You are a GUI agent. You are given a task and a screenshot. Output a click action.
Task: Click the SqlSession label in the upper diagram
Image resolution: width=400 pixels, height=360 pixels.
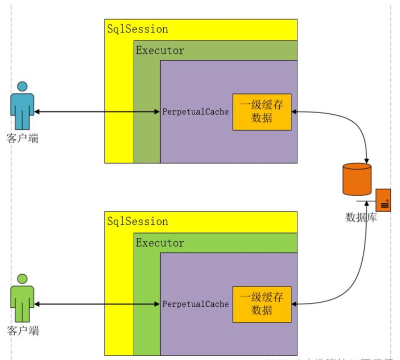pos(138,29)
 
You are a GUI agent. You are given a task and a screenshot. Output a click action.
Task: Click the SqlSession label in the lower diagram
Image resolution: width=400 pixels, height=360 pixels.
pos(138,221)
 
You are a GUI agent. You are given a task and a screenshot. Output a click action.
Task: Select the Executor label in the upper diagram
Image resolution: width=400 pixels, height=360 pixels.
pos(160,50)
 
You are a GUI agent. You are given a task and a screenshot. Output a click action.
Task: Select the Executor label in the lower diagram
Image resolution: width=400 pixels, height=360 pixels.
pos(160,243)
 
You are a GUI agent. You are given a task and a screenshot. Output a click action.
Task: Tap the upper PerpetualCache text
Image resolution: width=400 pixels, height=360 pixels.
pos(195,111)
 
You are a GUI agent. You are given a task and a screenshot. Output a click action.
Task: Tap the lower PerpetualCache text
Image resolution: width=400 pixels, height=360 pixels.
pos(195,304)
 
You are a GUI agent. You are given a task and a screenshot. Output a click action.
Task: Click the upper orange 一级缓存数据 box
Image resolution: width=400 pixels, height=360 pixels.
pos(262,112)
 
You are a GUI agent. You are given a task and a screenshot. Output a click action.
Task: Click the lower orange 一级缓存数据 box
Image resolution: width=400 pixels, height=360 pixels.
pos(262,304)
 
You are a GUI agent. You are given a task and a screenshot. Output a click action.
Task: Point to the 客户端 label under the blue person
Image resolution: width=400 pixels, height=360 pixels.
pos(23,138)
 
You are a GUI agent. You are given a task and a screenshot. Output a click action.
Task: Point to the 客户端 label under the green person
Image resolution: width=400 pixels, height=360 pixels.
pos(23,331)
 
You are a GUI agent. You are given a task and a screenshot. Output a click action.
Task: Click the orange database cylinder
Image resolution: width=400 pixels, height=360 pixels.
pos(357,179)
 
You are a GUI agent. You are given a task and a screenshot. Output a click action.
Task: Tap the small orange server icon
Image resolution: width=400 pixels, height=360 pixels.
pos(383,199)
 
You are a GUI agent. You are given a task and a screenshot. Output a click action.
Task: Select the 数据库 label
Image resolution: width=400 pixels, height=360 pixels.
pos(361,217)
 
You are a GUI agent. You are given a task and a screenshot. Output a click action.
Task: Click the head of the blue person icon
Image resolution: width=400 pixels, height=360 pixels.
pos(22,86)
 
